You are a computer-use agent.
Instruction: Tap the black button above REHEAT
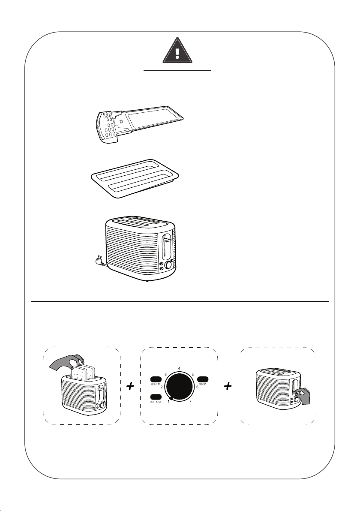click(155, 379)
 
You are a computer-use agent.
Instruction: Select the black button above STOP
click(203, 379)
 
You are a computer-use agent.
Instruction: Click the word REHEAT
click(155, 385)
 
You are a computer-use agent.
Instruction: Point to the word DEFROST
click(155, 403)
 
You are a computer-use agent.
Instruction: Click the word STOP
click(203, 385)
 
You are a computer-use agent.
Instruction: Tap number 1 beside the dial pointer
click(168, 401)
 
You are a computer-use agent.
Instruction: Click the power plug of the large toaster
click(97, 261)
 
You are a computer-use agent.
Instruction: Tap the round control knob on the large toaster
click(168, 265)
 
